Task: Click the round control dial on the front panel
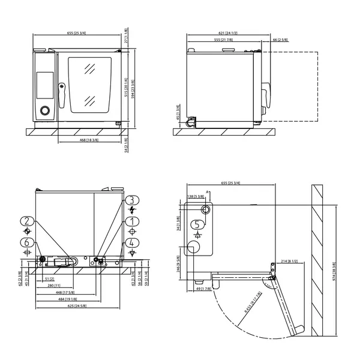(44, 110)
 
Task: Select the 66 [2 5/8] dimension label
(280, 40)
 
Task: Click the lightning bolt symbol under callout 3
(131, 210)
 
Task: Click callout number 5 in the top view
(197, 224)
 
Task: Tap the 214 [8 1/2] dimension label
(289, 262)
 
